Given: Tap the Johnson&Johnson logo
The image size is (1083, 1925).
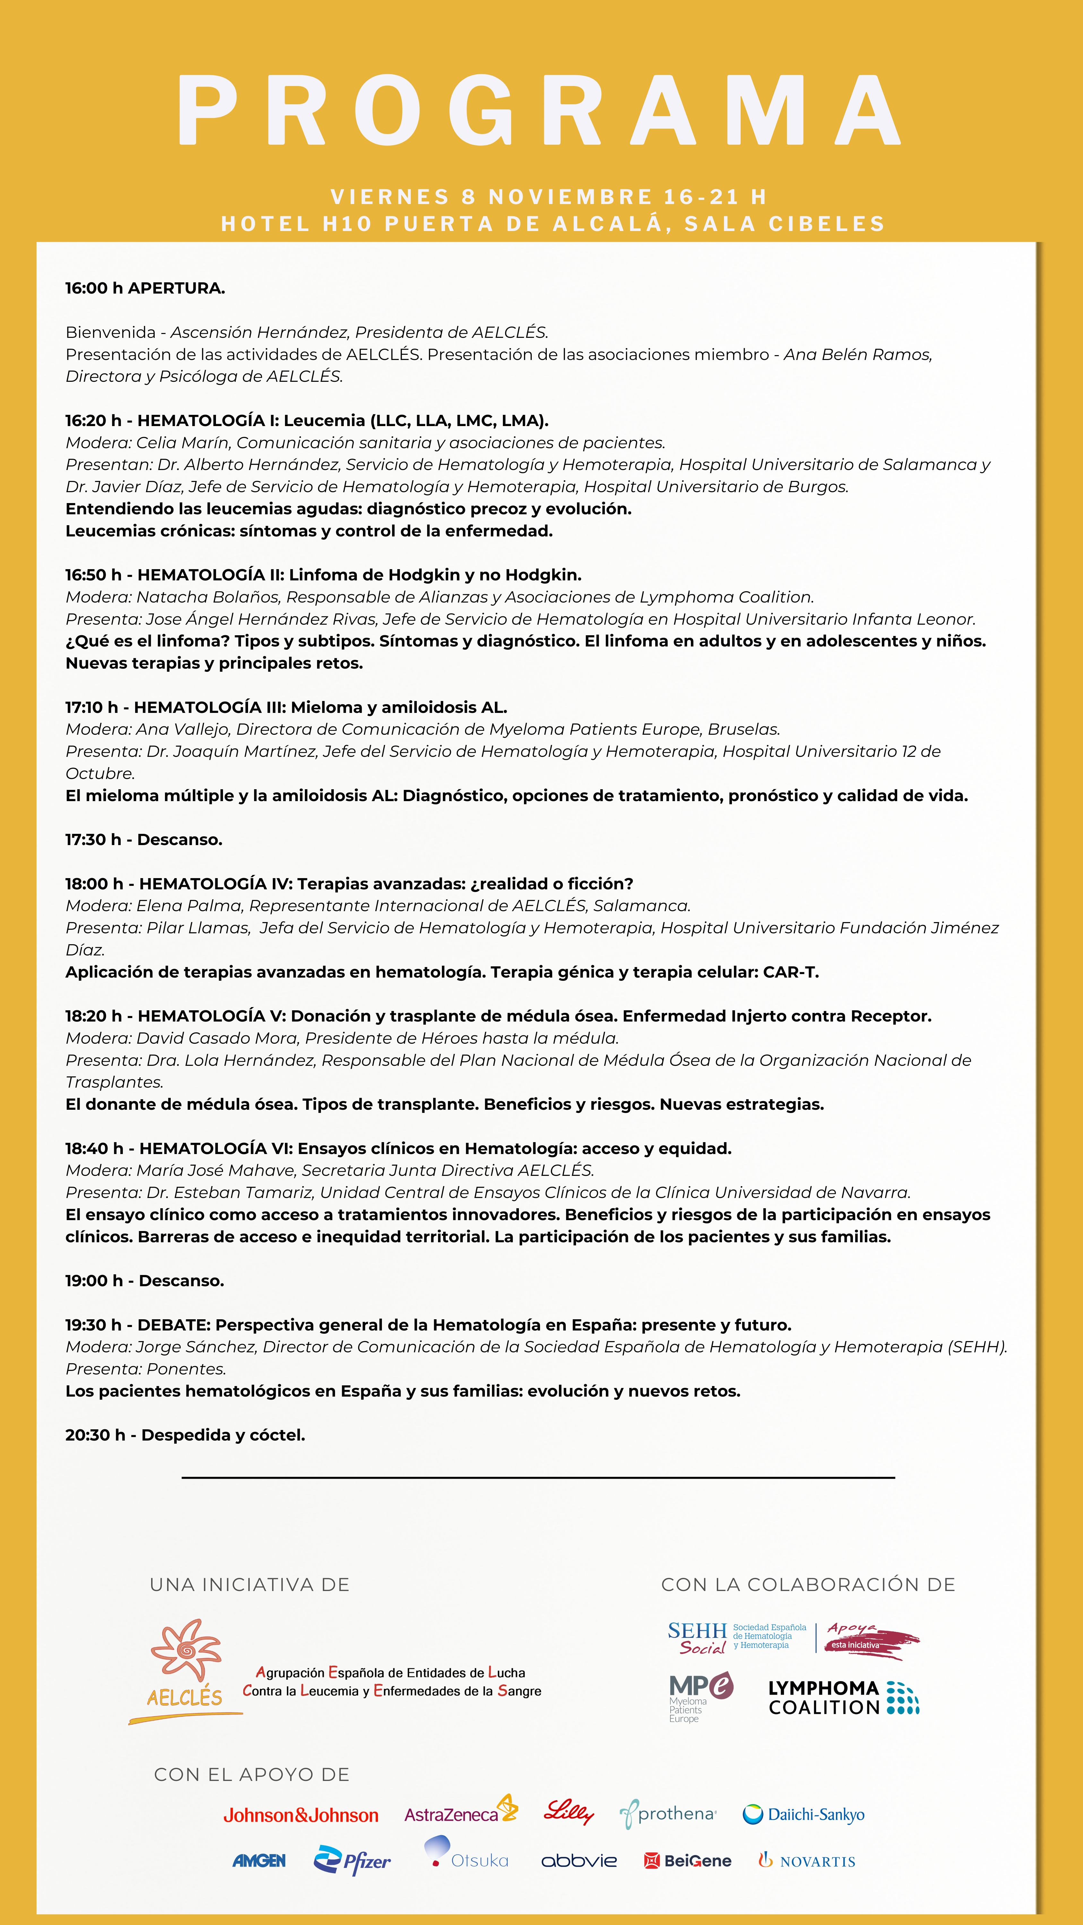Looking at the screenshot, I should click(x=300, y=1815).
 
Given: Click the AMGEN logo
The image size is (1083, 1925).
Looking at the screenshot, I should click(x=259, y=1861).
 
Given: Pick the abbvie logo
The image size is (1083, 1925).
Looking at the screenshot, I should click(x=579, y=1861).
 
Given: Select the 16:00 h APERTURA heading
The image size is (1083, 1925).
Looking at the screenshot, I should click(x=145, y=288).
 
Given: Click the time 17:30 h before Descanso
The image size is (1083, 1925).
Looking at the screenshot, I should click(x=93, y=840).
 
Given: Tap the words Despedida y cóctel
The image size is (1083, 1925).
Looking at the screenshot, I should click(x=223, y=1435).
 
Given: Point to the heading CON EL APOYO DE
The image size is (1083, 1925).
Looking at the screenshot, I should click(x=252, y=1775).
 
